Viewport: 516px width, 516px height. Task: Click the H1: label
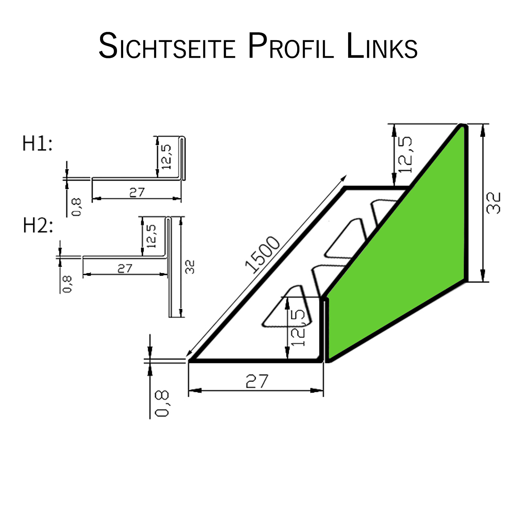[x=37, y=144]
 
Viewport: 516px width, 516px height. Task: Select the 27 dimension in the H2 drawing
[x=125, y=268]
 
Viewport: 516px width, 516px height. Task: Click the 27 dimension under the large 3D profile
[x=257, y=381]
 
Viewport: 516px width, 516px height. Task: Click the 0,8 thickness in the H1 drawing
[x=76, y=207]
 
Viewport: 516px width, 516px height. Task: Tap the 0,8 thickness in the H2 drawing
[x=67, y=284]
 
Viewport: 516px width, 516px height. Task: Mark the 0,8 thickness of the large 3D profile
[x=162, y=404]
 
